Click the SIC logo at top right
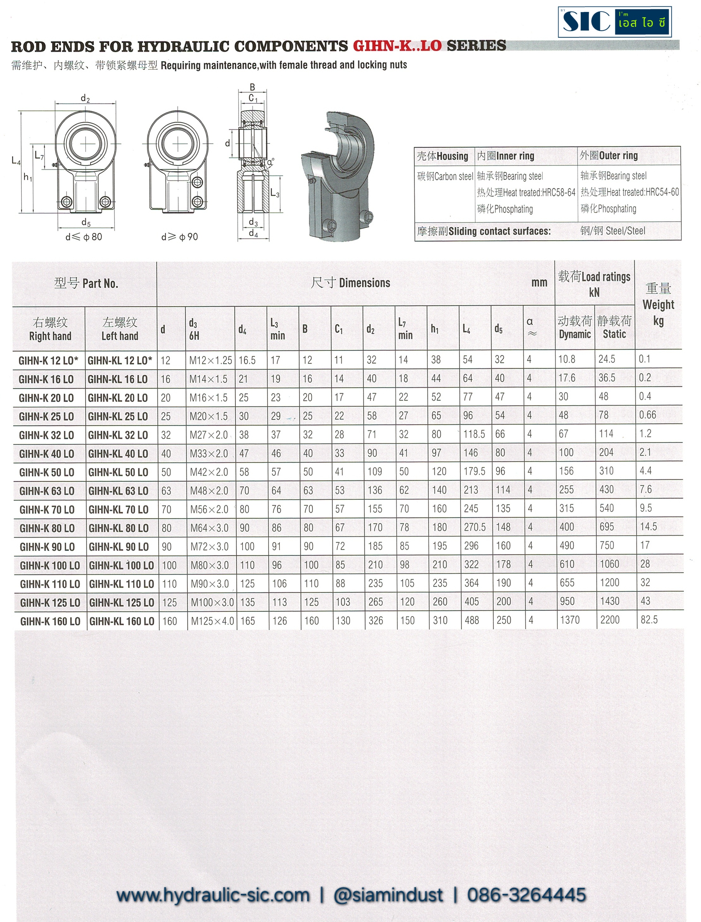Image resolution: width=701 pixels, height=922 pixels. (614, 22)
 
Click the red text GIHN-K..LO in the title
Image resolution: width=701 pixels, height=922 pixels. (397, 46)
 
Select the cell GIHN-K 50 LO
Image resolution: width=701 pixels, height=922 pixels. (47, 472)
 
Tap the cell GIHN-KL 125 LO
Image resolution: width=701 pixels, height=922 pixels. (121, 603)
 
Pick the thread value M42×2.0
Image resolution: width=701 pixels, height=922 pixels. (209, 472)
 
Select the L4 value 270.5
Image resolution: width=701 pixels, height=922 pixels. (474, 527)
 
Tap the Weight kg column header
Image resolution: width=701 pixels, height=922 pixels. (658, 305)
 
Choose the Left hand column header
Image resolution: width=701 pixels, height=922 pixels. (120, 329)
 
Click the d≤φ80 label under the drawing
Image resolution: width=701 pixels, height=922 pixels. (84, 237)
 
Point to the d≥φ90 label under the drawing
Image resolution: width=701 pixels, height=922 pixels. (180, 237)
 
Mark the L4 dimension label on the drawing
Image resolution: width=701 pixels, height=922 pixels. (16, 160)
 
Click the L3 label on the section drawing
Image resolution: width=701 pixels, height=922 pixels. (274, 193)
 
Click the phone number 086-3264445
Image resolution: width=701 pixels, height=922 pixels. (526, 895)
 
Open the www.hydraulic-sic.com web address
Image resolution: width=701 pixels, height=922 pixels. (213, 895)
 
